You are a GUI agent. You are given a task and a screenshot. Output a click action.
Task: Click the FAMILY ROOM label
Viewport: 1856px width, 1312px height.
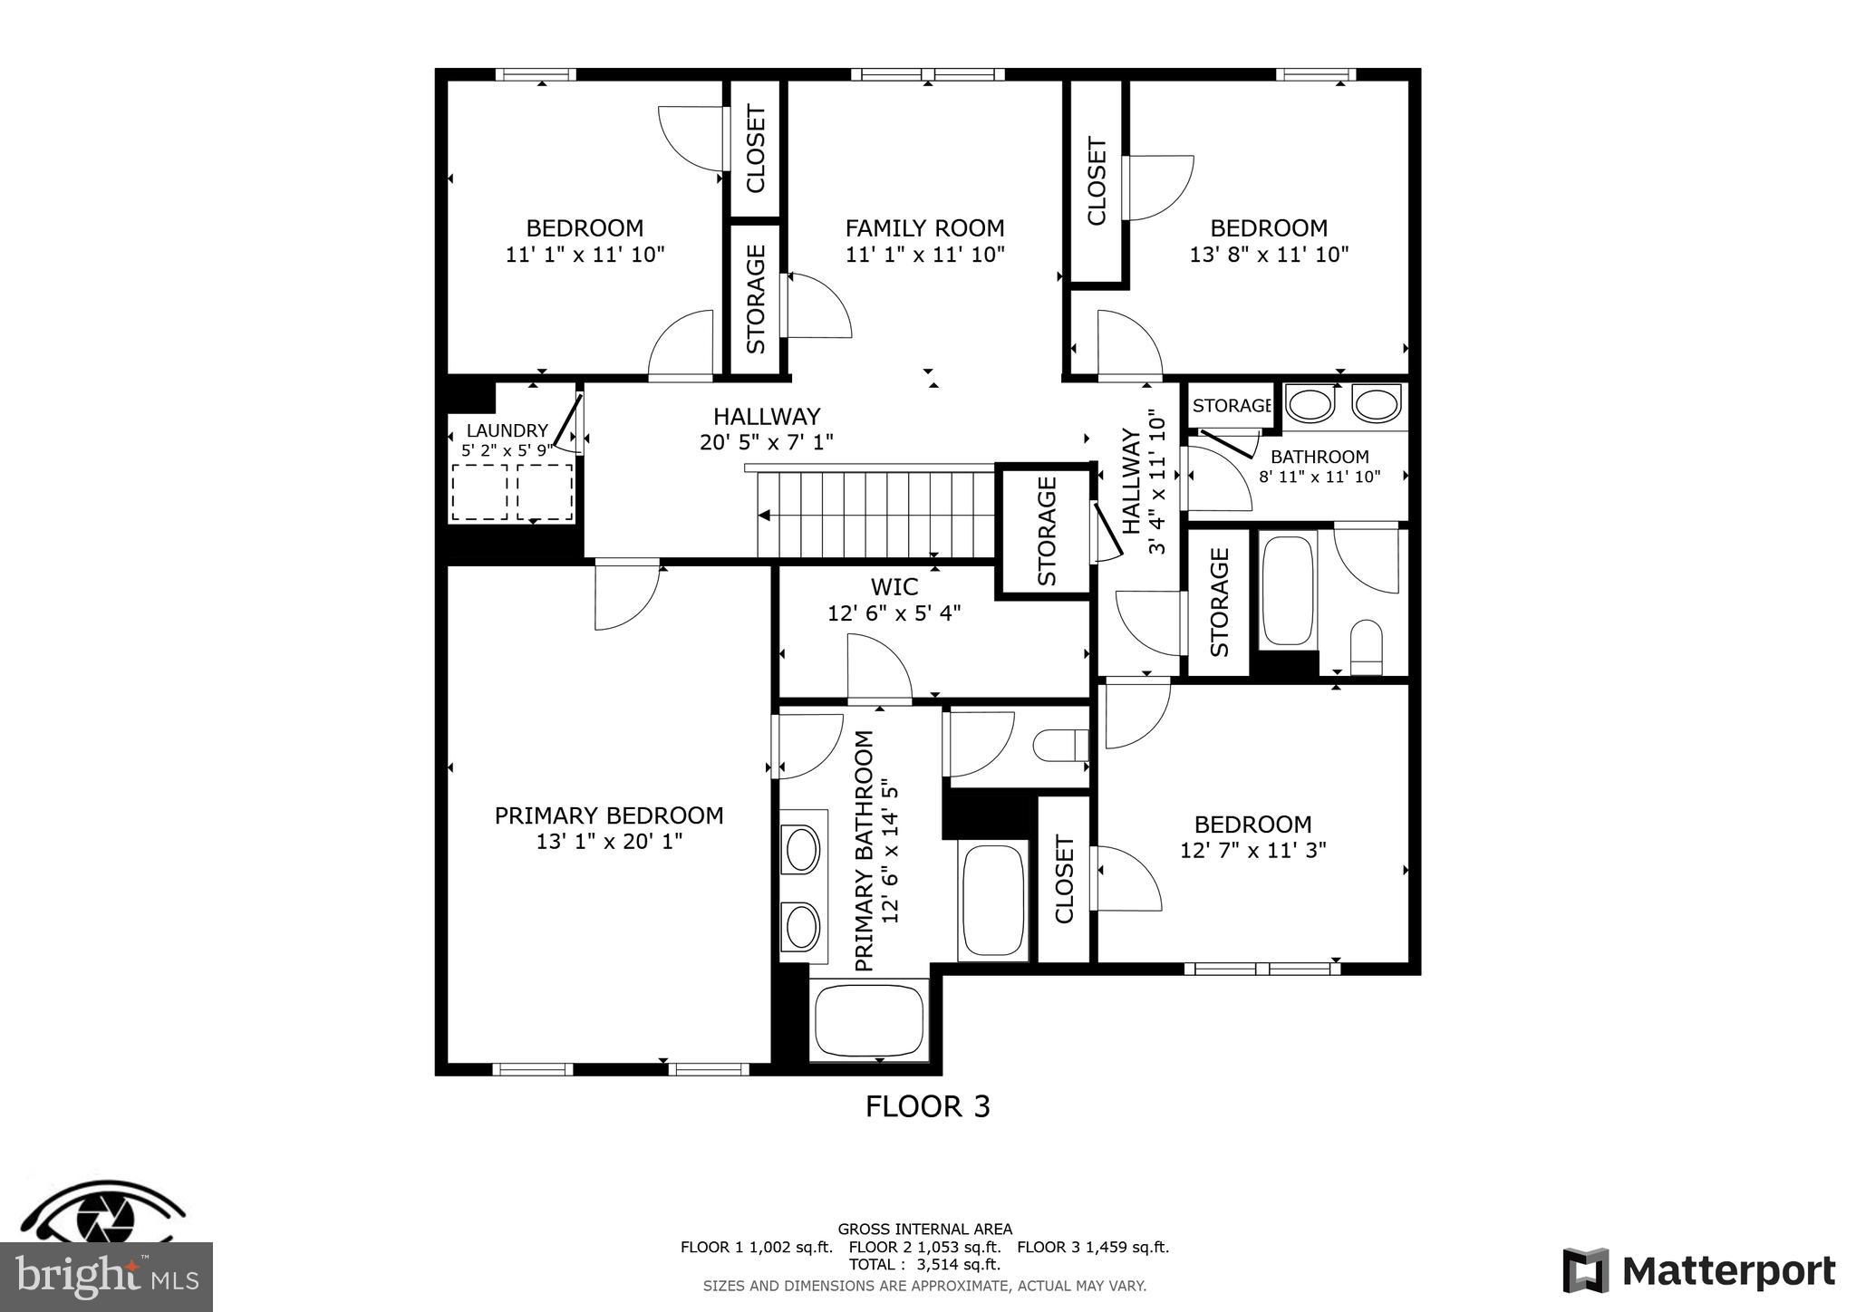(x=924, y=228)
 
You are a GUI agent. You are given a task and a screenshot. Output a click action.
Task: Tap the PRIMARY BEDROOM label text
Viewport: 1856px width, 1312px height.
(x=608, y=815)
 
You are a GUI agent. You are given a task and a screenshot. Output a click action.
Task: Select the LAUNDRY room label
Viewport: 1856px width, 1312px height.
(x=507, y=430)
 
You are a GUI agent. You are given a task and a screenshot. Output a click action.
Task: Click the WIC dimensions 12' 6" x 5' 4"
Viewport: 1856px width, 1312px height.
(x=894, y=613)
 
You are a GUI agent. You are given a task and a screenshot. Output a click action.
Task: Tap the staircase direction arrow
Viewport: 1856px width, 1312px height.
(x=765, y=516)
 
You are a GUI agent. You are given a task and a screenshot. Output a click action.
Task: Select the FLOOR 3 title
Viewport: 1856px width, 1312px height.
(x=927, y=1106)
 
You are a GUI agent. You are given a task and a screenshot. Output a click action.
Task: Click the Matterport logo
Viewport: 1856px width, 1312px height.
(x=1698, y=1271)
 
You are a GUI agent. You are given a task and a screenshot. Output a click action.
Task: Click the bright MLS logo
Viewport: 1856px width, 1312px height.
(x=106, y=1277)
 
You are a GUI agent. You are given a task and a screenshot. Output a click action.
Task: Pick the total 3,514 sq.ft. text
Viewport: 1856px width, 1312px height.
(x=924, y=1264)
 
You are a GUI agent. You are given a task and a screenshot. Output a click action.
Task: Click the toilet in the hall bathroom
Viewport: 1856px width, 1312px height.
(x=1365, y=647)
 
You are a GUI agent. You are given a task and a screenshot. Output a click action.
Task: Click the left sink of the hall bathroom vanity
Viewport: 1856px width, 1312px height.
(x=1310, y=404)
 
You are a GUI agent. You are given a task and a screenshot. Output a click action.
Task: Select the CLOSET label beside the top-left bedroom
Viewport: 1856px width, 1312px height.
(x=755, y=149)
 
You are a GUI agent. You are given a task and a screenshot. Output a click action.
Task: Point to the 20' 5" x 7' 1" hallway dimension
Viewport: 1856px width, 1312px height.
(x=766, y=442)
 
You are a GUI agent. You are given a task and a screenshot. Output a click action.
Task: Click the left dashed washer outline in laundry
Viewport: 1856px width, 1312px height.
(x=478, y=492)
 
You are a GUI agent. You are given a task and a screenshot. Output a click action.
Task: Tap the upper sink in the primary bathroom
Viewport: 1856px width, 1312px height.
(x=802, y=851)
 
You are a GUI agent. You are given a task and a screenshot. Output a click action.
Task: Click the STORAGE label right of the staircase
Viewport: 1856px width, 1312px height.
(x=1047, y=531)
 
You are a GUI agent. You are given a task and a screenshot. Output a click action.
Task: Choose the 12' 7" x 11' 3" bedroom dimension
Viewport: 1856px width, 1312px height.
(x=1252, y=851)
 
